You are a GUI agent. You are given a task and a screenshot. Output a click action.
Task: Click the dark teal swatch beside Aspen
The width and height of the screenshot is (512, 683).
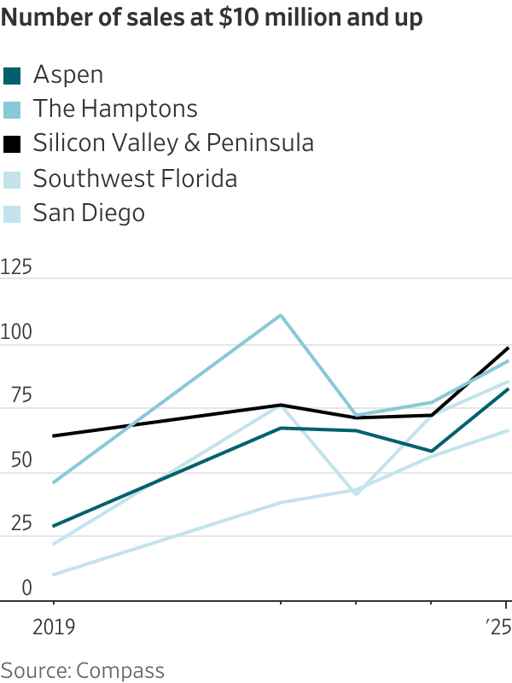pyautogui.click(x=12, y=75)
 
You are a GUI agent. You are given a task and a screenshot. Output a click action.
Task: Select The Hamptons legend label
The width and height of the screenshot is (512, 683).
pyautogui.click(x=115, y=109)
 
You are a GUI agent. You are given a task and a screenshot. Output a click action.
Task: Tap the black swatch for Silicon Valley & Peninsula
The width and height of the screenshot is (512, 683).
pyautogui.click(x=12, y=144)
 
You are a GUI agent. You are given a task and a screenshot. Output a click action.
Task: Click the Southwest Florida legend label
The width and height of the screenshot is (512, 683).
pyautogui.click(x=135, y=178)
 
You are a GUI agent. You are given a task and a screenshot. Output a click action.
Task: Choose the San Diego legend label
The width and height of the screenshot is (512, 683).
pyautogui.click(x=89, y=213)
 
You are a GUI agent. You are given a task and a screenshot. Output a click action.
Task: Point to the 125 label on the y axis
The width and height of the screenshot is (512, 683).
pyautogui.click(x=16, y=268)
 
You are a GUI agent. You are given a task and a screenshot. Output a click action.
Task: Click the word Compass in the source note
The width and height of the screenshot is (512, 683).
pyautogui.click(x=126, y=669)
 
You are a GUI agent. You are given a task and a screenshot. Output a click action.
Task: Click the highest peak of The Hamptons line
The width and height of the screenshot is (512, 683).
pyautogui.click(x=281, y=316)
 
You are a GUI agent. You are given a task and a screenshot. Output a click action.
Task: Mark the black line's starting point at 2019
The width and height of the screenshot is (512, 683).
pyautogui.click(x=53, y=436)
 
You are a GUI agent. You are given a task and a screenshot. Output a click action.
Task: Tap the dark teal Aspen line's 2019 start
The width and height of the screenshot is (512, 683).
pyautogui.click(x=53, y=526)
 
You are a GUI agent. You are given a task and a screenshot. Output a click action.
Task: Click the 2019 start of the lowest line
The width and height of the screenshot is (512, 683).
pyautogui.click(x=53, y=575)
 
